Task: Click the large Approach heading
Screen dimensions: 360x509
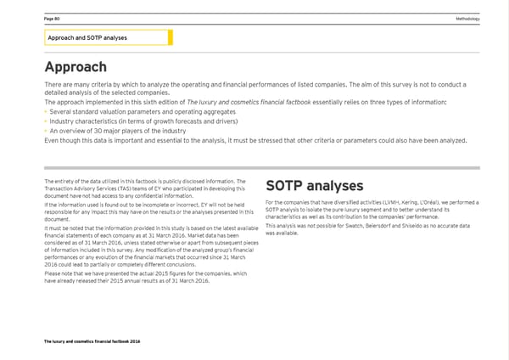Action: [x=75, y=66]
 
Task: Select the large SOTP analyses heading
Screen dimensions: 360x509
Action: [x=314, y=186]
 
